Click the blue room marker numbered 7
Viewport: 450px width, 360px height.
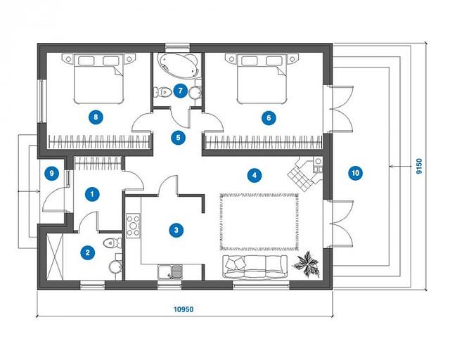(180, 91)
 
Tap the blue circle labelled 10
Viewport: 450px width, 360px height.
(355, 173)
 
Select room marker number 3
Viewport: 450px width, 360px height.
(176, 230)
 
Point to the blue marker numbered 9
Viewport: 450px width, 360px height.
(51, 173)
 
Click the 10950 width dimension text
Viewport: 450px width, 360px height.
(184, 309)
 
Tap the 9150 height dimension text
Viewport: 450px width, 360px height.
(419, 167)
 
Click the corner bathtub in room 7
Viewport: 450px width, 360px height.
(178, 65)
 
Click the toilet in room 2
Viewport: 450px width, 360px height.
(112, 243)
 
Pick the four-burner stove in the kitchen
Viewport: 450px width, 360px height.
(133, 226)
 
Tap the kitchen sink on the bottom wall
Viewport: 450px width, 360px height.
(170, 272)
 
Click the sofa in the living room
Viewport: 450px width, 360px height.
(255, 266)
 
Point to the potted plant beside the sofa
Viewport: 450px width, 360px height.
(307, 264)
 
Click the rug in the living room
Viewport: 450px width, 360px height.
(259, 222)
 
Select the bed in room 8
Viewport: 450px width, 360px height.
(98, 79)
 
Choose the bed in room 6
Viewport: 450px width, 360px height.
(262, 79)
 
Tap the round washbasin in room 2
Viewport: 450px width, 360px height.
(115, 266)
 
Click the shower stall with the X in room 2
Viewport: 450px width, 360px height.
(55, 257)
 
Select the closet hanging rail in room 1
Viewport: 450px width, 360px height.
(98, 163)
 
